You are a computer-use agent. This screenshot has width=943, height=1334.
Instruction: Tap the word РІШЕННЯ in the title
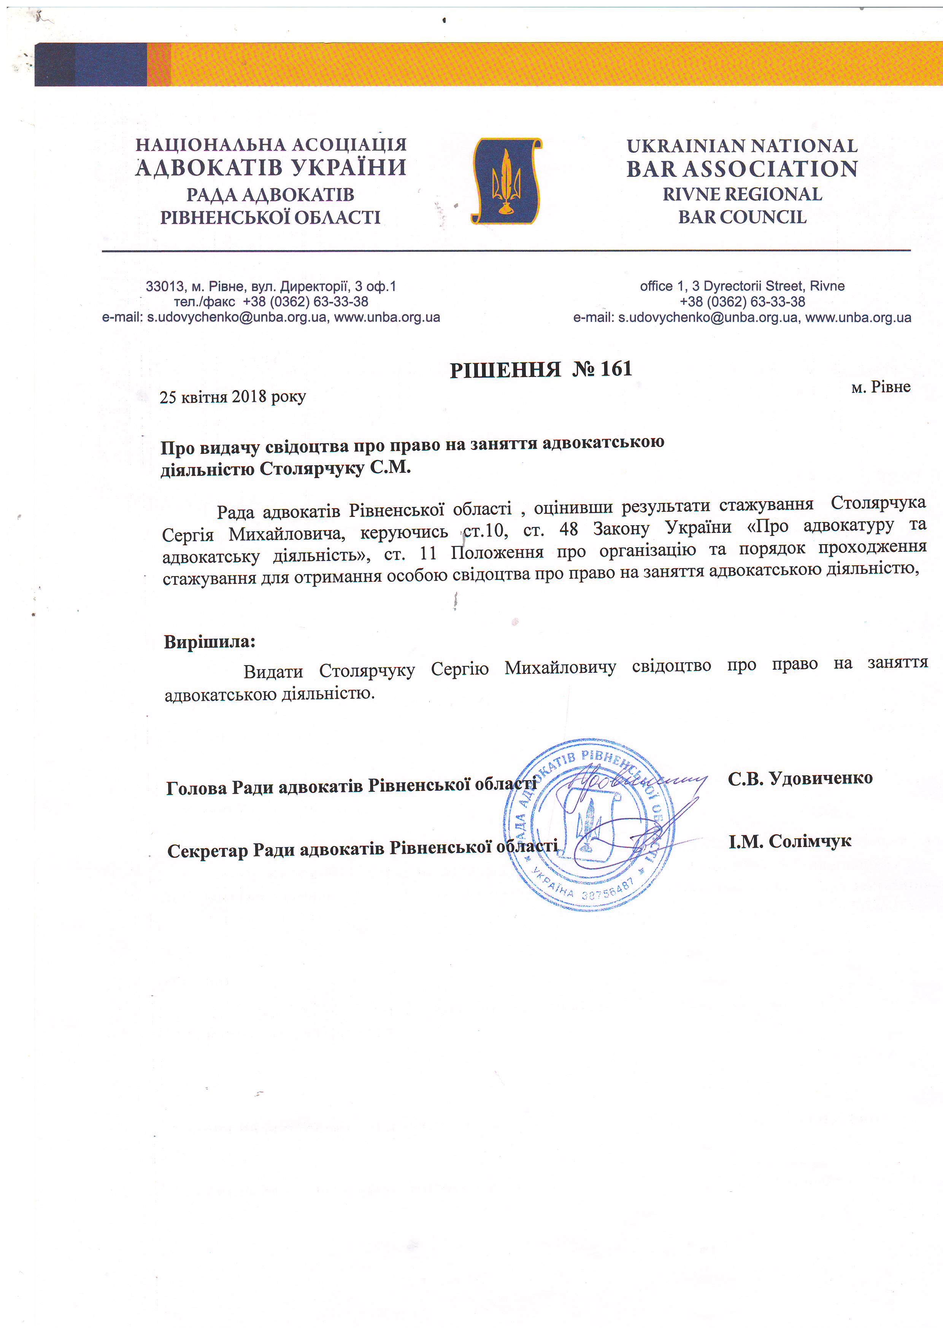(505, 370)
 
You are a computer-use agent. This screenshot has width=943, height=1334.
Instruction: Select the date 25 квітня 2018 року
(232, 397)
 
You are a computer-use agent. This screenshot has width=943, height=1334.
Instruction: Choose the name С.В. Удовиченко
(800, 778)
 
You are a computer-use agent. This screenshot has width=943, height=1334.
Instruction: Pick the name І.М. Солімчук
(790, 841)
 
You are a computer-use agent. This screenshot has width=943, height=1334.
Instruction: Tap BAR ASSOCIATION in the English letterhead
(742, 169)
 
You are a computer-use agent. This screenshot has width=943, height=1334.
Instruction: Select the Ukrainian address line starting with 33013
(271, 286)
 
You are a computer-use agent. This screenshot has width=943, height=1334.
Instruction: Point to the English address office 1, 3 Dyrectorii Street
(742, 286)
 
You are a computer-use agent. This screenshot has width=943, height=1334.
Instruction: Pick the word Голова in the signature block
(196, 788)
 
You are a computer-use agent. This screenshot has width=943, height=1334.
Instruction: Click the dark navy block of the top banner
(90, 65)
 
